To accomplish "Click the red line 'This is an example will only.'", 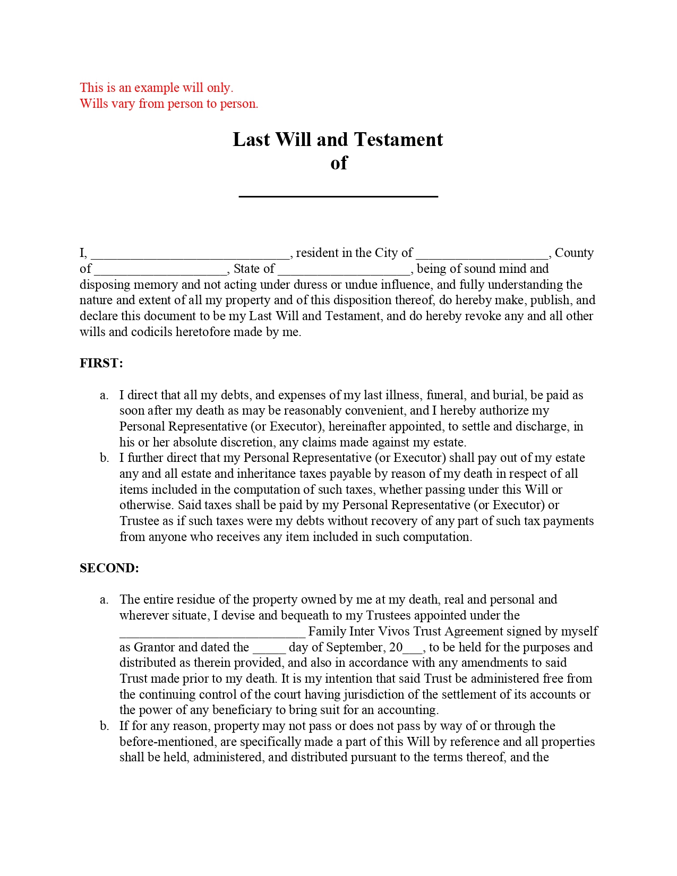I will pyautogui.click(x=156, y=88).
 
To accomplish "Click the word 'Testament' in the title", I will pyautogui.click(x=398, y=140).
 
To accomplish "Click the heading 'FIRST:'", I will pyautogui.click(x=101, y=363).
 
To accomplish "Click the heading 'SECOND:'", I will pyautogui.click(x=109, y=568).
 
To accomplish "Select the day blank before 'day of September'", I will pyautogui.click(x=269, y=648).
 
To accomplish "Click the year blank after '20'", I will pyautogui.click(x=413, y=648).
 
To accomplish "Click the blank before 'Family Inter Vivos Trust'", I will pyautogui.click(x=212, y=632).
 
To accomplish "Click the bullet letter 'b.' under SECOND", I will pyautogui.click(x=104, y=726).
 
